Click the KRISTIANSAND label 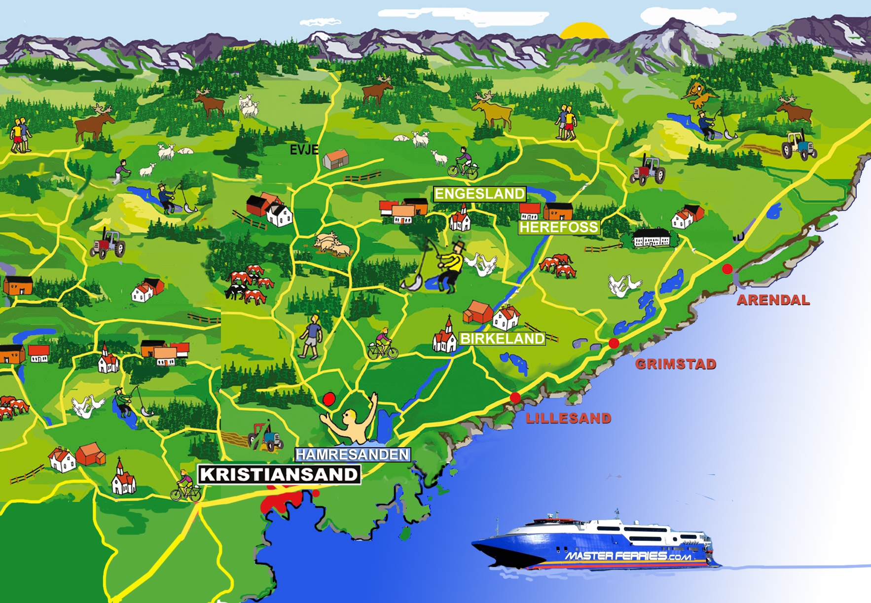click(279, 474)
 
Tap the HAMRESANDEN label click(352, 454)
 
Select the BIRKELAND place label click(502, 339)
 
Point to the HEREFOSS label click(559, 227)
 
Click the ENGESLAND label click(479, 194)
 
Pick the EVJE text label click(304, 150)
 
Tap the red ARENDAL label click(773, 300)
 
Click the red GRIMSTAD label click(675, 364)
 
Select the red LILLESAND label click(568, 419)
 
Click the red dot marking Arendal click(727, 269)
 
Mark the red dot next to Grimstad click(614, 343)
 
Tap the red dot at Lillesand click(515, 397)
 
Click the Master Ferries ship click(597, 542)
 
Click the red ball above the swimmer click(329, 398)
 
